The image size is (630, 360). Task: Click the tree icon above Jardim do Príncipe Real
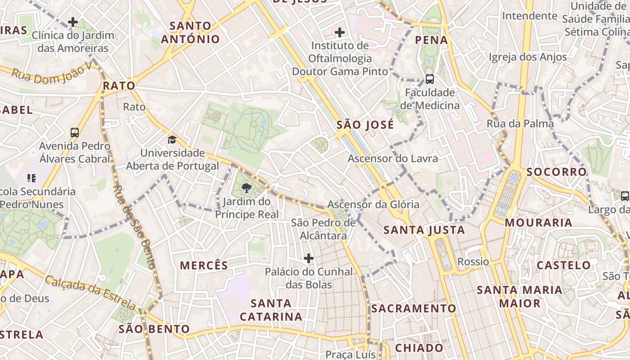coord(246,188)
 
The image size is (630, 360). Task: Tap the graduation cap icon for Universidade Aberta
coord(172,139)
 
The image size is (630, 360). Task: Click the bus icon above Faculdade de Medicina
coord(430,79)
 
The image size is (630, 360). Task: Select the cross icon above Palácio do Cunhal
coord(308,258)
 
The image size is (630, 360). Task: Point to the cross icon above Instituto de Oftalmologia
coord(340,32)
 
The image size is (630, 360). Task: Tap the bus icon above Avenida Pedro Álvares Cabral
coord(75,133)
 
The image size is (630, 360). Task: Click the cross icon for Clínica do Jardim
coord(73,22)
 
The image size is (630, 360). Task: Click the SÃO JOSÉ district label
coord(365,125)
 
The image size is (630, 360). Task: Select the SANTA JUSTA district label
coord(424,230)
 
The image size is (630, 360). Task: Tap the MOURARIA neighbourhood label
coord(538,223)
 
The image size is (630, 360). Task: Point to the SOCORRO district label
coord(557,172)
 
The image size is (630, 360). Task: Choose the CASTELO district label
coord(563,265)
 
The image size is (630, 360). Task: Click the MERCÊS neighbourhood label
coord(204,265)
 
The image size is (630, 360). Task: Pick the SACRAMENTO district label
coord(414,309)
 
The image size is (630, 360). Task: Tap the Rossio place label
coord(473,261)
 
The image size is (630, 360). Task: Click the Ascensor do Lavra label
coord(393,158)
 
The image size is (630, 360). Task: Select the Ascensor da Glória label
coord(373,205)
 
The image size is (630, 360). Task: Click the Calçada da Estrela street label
coord(90,292)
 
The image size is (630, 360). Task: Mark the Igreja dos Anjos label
coord(528,57)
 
